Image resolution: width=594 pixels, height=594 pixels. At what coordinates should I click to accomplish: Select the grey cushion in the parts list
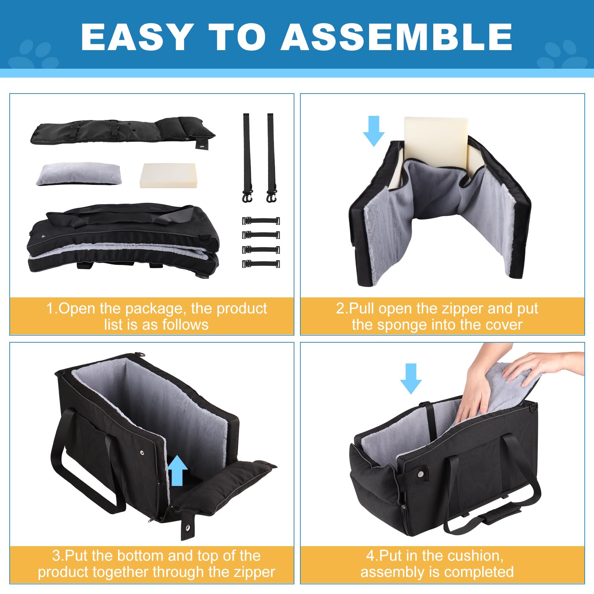(x=78, y=174)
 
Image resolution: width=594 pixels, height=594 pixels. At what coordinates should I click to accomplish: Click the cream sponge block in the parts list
(x=169, y=176)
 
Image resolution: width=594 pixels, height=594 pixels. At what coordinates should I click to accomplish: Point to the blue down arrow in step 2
(x=373, y=131)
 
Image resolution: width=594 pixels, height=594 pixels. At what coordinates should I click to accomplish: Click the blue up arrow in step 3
(x=177, y=470)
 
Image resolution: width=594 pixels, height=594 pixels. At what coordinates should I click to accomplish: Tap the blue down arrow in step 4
(x=411, y=379)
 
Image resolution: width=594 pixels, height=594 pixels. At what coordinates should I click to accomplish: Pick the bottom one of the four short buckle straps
(x=261, y=264)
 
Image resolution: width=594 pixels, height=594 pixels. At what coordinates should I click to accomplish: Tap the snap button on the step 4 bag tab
(x=420, y=474)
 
